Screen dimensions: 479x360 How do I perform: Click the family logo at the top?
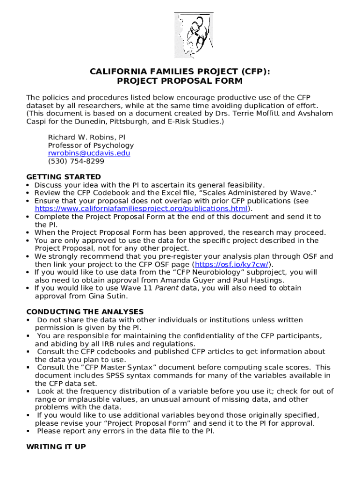[194, 35]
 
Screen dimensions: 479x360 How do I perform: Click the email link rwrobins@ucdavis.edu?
[89, 153]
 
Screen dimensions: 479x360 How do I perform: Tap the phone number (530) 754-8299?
[76, 161]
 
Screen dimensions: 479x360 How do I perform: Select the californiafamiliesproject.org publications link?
[141, 209]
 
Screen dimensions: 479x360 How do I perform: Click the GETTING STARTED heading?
[64, 177]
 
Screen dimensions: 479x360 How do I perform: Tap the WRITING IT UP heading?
[56, 447]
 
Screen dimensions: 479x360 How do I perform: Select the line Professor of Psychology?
[91, 145]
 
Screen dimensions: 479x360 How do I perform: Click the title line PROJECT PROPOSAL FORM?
[180, 81]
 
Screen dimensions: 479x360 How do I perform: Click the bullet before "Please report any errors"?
[29, 431]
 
